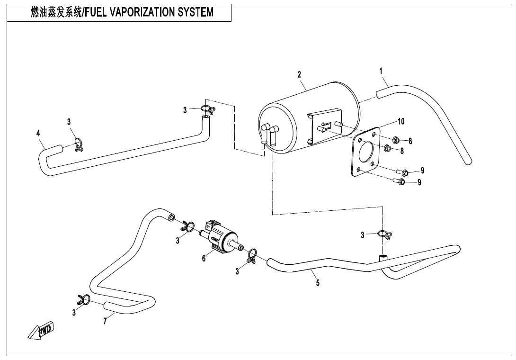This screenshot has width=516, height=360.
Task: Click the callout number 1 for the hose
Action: (x=381, y=71)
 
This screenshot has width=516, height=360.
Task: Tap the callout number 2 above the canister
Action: (x=299, y=74)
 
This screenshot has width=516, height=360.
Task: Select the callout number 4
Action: (x=38, y=134)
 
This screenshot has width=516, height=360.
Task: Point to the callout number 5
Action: (x=318, y=283)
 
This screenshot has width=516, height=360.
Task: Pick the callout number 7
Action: (x=105, y=321)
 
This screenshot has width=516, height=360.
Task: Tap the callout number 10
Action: (x=401, y=121)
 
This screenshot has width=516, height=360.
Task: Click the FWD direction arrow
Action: (x=42, y=331)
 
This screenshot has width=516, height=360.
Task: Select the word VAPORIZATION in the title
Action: (x=142, y=12)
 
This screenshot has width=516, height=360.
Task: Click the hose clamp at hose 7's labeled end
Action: (x=84, y=299)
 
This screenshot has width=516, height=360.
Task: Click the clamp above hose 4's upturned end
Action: (x=206, y=110)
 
